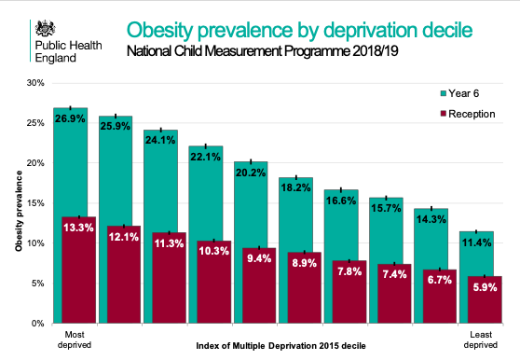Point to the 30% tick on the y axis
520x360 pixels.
coord(34,83)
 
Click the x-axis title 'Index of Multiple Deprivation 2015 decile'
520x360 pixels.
coord(276,346)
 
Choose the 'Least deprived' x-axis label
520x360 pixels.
coord(479,339)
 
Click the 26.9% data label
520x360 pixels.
coord(71,120)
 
